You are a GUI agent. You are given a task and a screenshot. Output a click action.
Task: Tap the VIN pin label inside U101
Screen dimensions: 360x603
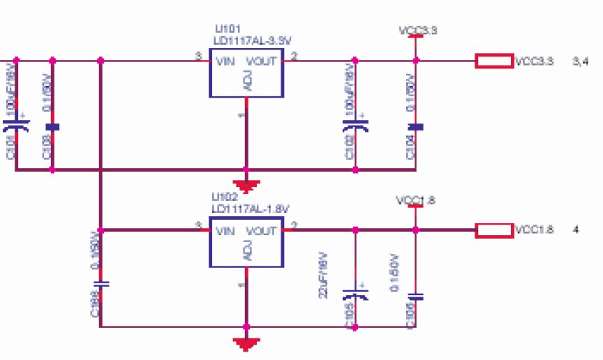(225, 61)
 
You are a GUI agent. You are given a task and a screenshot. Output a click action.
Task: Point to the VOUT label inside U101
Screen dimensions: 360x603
(262, 61)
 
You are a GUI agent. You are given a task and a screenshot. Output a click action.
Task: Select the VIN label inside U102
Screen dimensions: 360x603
(225, 231)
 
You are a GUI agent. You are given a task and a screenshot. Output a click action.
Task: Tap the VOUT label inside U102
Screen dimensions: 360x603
(262, 231)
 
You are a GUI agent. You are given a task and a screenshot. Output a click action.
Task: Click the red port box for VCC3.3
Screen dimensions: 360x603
(495, 61)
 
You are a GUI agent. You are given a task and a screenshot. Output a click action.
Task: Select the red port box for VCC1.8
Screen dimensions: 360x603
(495, 230)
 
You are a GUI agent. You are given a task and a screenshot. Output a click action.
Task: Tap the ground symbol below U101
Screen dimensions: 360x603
(246, 186)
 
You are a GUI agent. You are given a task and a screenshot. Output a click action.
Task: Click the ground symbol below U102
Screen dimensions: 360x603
(246, 343)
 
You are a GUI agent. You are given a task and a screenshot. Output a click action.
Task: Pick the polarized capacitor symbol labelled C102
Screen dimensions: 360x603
(355, 126)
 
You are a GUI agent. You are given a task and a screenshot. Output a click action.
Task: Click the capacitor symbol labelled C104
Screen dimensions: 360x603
(416, 127)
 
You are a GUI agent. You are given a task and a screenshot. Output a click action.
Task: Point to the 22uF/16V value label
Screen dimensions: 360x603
(322, 275)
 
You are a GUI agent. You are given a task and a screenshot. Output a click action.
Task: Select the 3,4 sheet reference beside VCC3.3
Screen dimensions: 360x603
(581, 61)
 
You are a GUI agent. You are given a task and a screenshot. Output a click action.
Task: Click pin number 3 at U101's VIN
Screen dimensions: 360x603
(198, 56)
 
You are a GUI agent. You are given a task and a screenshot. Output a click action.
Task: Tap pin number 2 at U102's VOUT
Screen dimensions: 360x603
(294, 225)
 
